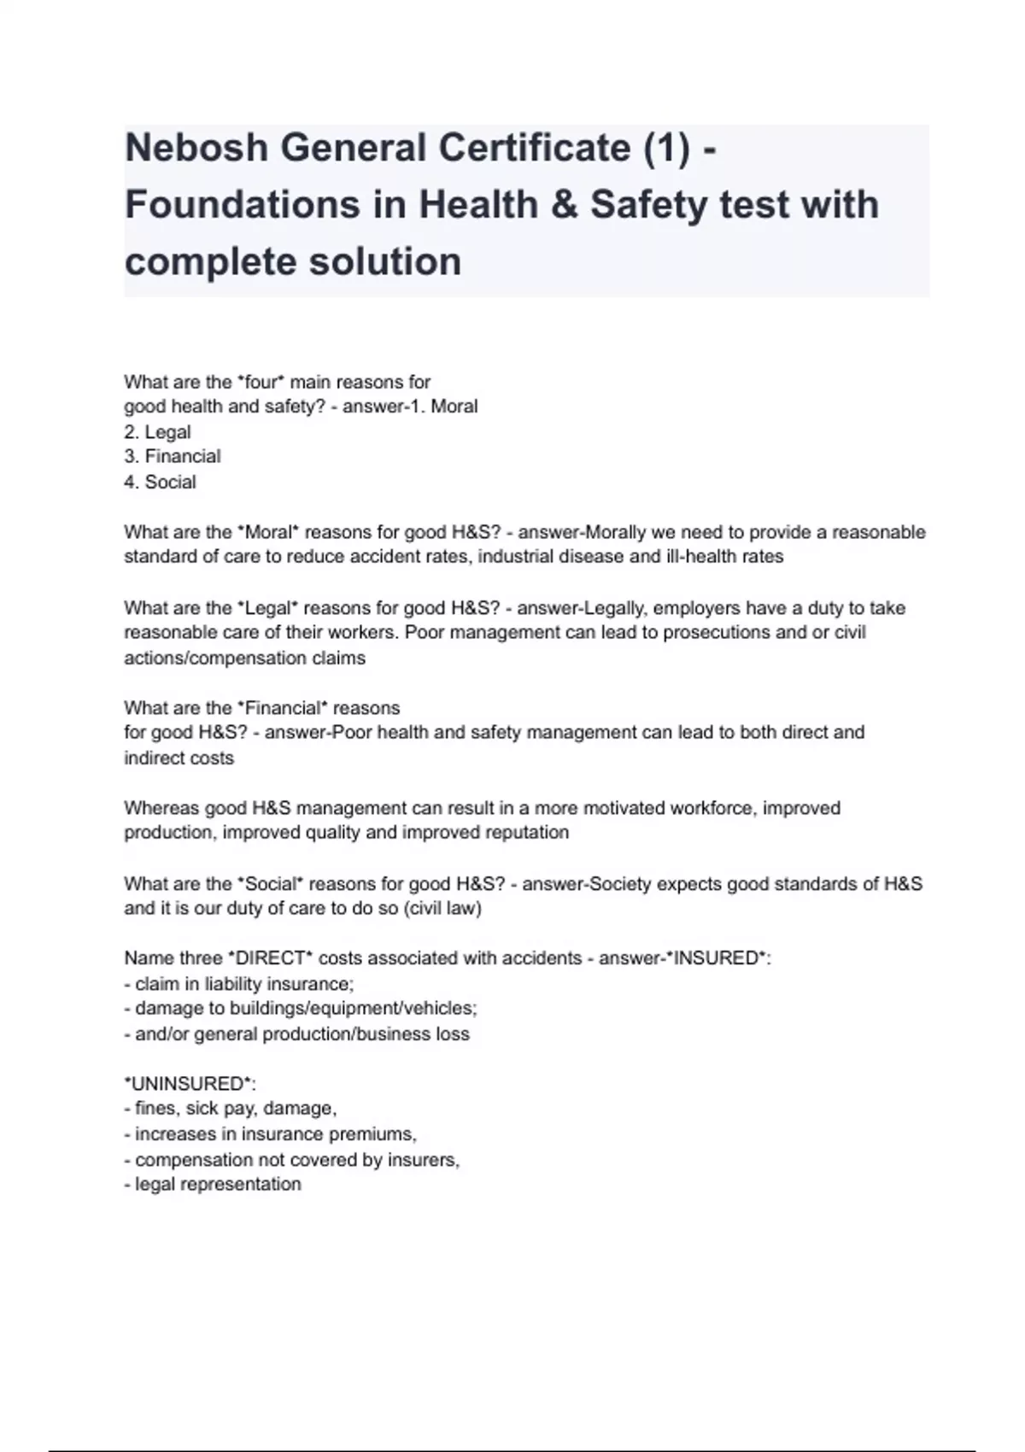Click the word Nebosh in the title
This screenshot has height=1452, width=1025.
[196, 149]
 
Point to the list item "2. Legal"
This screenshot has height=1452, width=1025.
[158, 432]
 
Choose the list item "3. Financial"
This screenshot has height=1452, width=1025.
[173, 457]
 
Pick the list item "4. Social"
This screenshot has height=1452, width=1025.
[161, 483]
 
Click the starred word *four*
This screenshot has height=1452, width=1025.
[261, 382]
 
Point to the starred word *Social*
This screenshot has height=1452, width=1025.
[271, 884]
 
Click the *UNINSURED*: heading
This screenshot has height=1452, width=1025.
[190, 1084]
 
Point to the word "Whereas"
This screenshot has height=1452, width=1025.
[161, 808]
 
